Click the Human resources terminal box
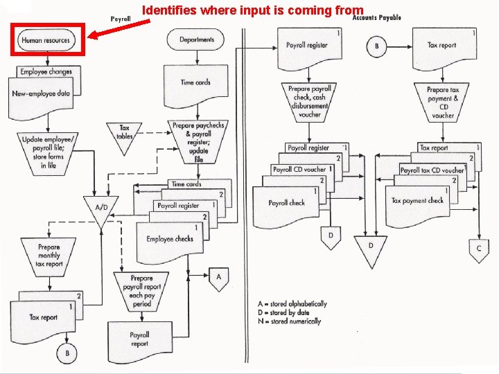click(46, 40)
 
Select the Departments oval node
click(197, 39)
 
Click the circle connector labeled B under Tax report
click(67, 353)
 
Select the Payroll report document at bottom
click(139, 339)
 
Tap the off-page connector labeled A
click(219, 278)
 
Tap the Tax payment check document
click(417, 202)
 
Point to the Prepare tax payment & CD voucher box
click(443, 103)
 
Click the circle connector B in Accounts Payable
click(377, 47)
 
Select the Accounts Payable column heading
click(376, 17)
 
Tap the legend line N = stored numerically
click(289, 321)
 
